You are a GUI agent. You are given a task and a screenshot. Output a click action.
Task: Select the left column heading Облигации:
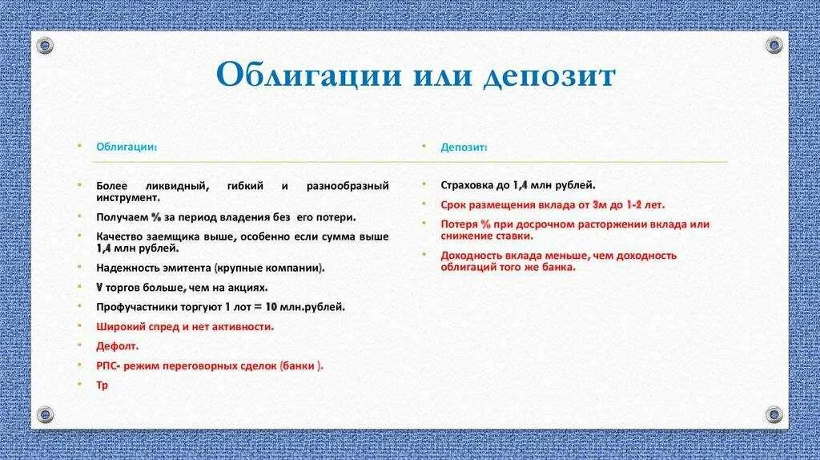click(127, 147)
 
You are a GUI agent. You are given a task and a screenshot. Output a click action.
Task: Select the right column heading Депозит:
click(464, 147)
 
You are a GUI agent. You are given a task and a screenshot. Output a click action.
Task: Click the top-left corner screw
click(46, 44)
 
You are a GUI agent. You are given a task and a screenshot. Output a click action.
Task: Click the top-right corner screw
click(774, 44)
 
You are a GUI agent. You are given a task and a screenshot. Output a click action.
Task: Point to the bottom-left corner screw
click(46, 414)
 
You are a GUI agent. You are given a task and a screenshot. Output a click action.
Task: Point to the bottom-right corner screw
click(774, 414)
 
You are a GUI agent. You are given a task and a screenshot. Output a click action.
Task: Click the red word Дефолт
click(118, 346)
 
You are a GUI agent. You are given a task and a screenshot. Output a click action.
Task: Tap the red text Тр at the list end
click(102, 385)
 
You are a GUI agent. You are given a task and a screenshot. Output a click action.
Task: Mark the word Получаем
click(119, 217)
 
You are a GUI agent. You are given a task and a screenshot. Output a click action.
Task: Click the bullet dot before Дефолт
click(80, 345)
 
